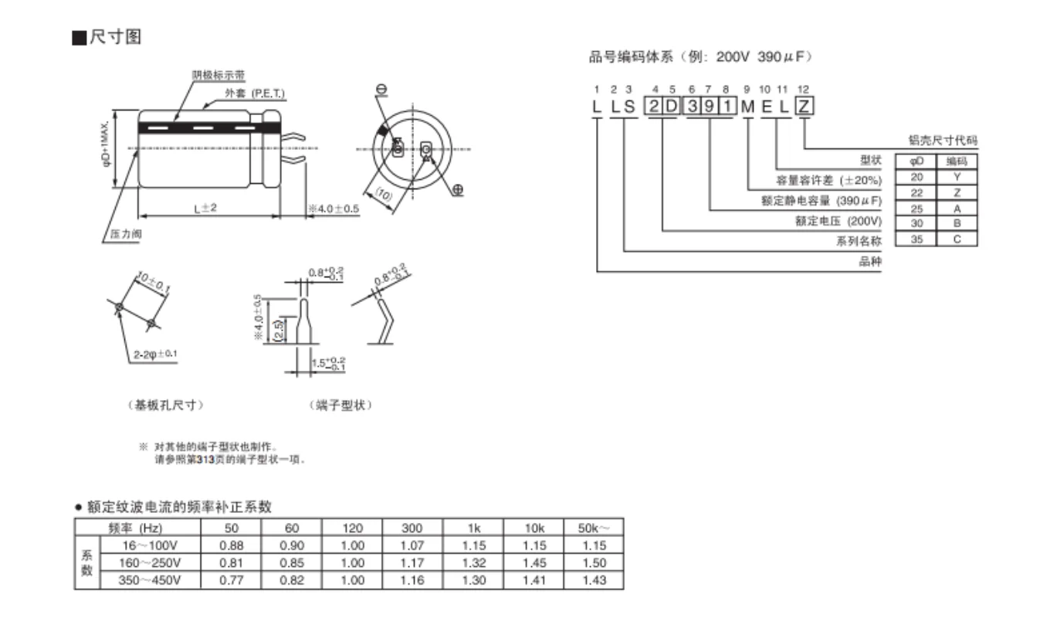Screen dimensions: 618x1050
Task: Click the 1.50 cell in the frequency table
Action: tap(593, 562)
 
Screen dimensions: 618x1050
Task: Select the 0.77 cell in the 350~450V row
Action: tap(231, 579)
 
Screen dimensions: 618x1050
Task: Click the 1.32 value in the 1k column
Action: tap(473, 562)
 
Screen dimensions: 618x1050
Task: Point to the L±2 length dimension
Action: tap(206, 209)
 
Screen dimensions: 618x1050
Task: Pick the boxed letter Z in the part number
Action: tap(804, 107)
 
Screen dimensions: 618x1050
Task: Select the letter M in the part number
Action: tap(747, 107)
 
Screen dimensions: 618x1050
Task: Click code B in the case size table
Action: tap(957, 224)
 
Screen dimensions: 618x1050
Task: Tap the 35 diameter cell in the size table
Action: tap(916, 239)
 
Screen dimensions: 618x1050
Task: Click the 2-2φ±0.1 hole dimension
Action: tap(155, 355)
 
